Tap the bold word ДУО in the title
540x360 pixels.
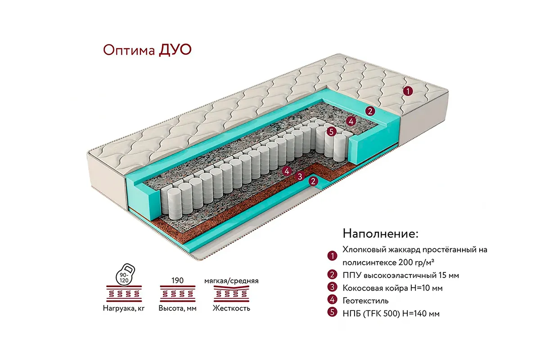point(175,49)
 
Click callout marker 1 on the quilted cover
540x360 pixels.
point(407,91)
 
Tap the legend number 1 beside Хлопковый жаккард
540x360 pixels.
point(332,256)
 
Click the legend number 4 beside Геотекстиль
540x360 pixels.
point(332,301)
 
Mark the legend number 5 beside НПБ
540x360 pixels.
point(332,313)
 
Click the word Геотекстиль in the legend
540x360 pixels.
point(365,301)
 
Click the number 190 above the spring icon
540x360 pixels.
point(177,281)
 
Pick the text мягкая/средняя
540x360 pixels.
point(231,281)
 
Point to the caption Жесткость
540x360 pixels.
point(231,309)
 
